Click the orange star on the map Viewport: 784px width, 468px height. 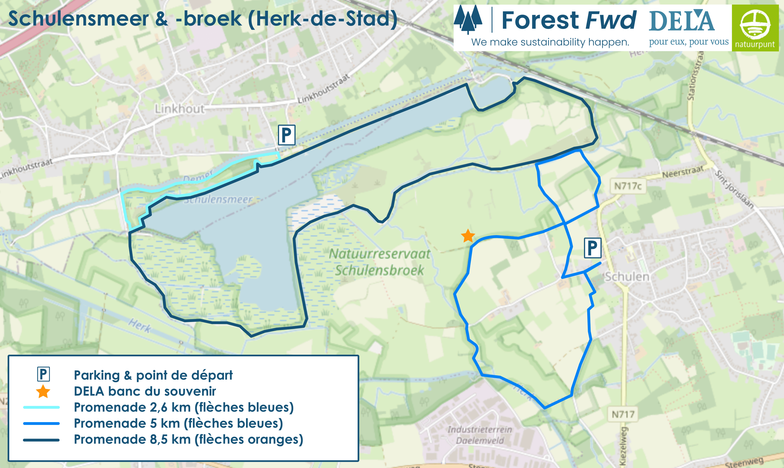point(468,236)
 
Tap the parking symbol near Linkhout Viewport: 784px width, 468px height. point(286,135)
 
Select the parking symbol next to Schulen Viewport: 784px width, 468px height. point(592,248)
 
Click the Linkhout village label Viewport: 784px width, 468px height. point(179,109)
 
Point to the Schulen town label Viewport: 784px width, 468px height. point(627,277)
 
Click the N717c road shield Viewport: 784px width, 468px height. point(628,186)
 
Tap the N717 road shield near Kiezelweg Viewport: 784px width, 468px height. point(623,414)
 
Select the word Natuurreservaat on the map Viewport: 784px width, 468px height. point(379,254)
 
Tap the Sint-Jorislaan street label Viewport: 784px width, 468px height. point(734,189)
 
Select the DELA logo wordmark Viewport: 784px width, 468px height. point(682,21)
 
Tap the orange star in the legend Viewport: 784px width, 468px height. point(43,391)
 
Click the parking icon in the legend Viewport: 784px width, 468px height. point(43,375)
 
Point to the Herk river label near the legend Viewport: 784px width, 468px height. point(140,326)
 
